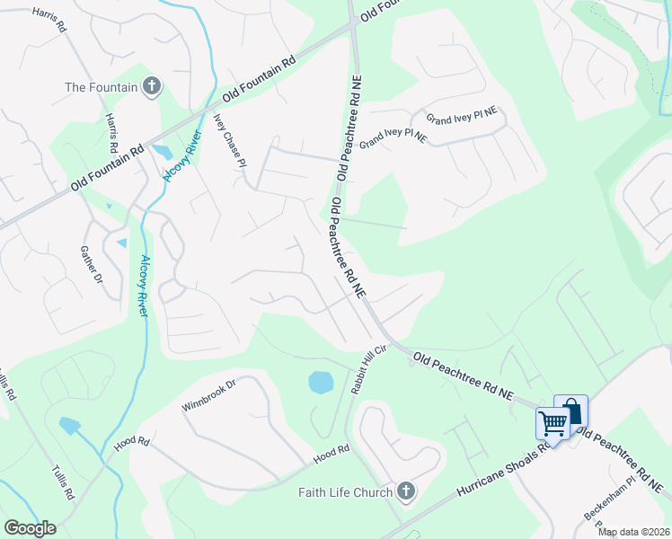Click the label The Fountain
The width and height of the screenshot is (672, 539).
click(x=101, y=87)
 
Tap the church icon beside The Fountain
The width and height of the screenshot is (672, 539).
click(x=152, y=86)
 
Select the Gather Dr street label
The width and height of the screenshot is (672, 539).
click(x=93, y=266)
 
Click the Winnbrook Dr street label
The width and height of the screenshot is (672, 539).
click(x=208, y=396)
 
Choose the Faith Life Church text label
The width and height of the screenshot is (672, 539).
click(x=346, y=492)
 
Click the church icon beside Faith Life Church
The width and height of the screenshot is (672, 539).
click(x=406, y=491)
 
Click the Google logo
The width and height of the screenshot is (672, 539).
click(x=30, y=527)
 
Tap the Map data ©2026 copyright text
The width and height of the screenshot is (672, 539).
click(x=633, y=532)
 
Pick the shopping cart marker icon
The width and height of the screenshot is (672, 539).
click(x=553, y=421)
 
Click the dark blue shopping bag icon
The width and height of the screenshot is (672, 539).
click(x=571, y=411)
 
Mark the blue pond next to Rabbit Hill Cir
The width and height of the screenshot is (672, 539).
click(x=321, y=383)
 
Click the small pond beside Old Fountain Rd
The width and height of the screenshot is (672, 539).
click(x=163, y=154)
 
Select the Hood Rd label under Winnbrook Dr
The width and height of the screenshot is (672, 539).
click(x=131, y=443)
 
